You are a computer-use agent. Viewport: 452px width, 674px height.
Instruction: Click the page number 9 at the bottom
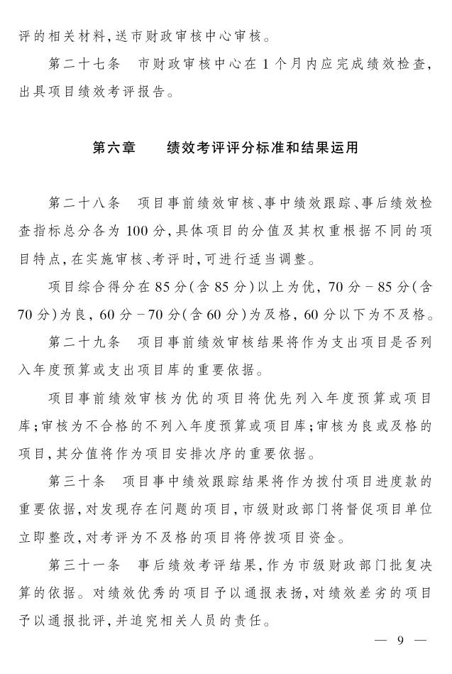[399, 641]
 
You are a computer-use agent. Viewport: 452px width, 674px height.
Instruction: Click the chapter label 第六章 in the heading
[114, 148]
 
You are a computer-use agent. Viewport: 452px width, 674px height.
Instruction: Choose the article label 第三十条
[77, 482]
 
